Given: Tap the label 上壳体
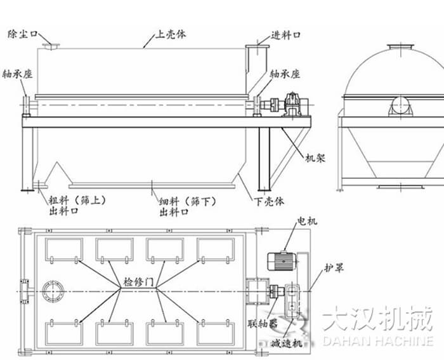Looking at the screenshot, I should pos(173,32).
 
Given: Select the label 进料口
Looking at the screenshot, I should pos(286,34).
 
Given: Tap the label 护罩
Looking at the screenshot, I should pos(334,269).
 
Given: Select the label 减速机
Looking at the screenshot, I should pos(285,343).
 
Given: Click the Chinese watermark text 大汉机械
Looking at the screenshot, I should pos(376,317).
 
